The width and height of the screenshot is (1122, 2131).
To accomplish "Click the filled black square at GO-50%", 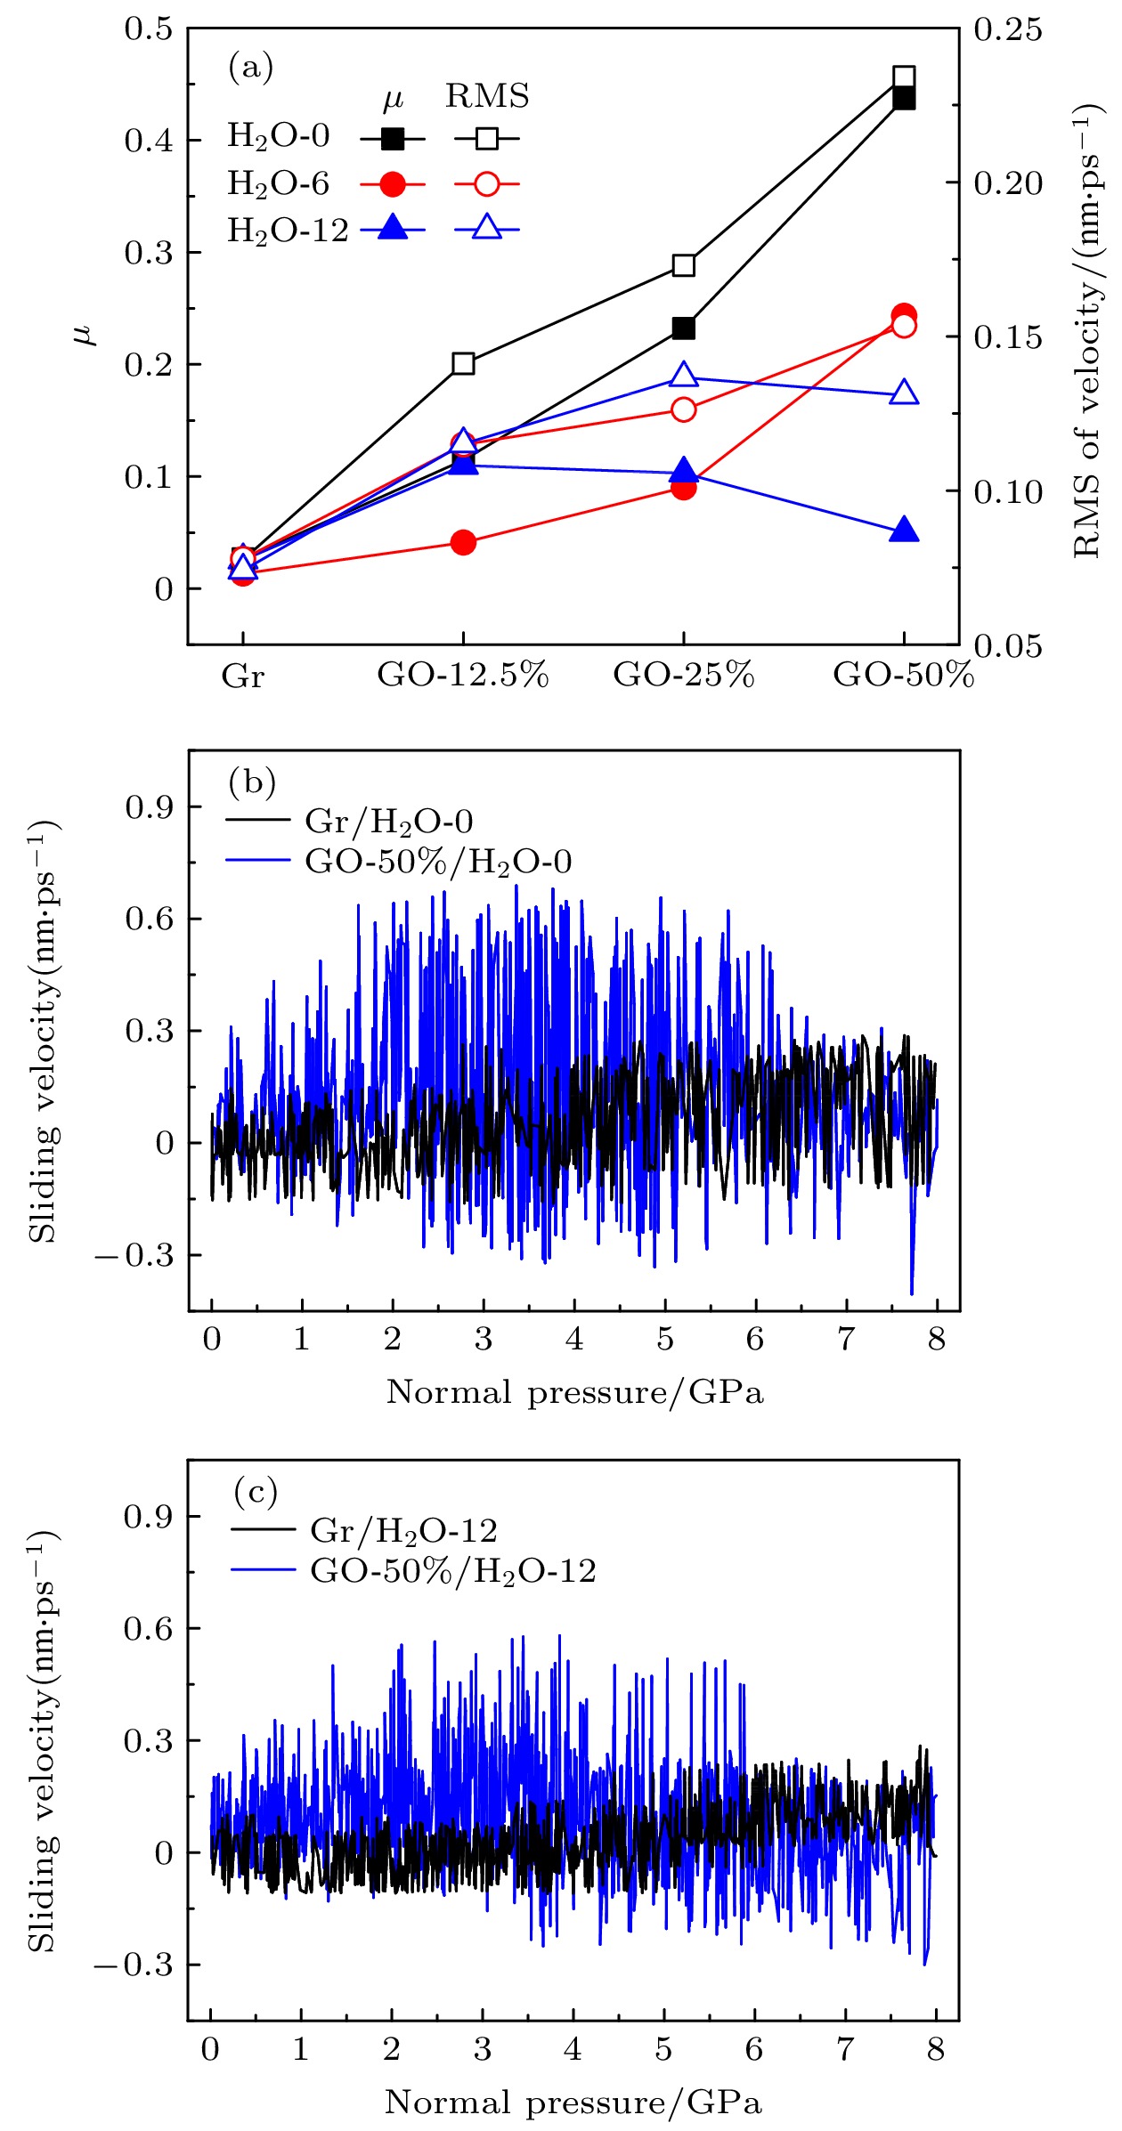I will [x=904, y=98].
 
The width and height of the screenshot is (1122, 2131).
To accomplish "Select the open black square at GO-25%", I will [x=684, y=265].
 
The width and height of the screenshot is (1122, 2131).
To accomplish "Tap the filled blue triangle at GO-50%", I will [x=904, y=531].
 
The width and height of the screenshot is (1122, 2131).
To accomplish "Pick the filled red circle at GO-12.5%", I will [x=463, y=542].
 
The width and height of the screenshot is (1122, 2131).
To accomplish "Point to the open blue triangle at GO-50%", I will [x=904, y=393].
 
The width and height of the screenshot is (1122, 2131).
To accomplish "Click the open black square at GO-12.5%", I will [x=463, y=363].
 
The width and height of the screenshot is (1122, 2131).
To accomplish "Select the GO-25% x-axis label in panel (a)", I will [x=684, y=675].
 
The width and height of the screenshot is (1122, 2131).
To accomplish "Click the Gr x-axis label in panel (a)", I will [x=243, y=677].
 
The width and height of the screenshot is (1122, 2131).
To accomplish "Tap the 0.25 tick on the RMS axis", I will [x=1007, y=29].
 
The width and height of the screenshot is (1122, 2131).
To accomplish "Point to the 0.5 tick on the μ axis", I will [x=148, y=29].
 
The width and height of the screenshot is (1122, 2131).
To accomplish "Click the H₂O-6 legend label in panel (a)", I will [x=278, y=183].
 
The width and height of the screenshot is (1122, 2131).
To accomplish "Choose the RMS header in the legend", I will [x=487, y=96].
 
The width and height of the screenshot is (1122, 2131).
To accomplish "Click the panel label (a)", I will [x=250, y=68].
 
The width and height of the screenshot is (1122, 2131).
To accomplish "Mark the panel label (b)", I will [x=252, y=782].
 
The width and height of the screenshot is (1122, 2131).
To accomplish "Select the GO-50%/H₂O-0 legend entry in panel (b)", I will [x=438, y=861].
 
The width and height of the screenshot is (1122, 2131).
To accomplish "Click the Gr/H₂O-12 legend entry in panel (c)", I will [x=403, y=1530].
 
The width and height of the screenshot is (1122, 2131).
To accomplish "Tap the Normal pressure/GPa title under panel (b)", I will [x=575, y=1392].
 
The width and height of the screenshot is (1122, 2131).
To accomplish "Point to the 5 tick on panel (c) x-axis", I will [x=663, y=2048].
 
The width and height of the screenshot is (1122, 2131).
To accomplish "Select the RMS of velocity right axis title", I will [x=1088, y=332].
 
